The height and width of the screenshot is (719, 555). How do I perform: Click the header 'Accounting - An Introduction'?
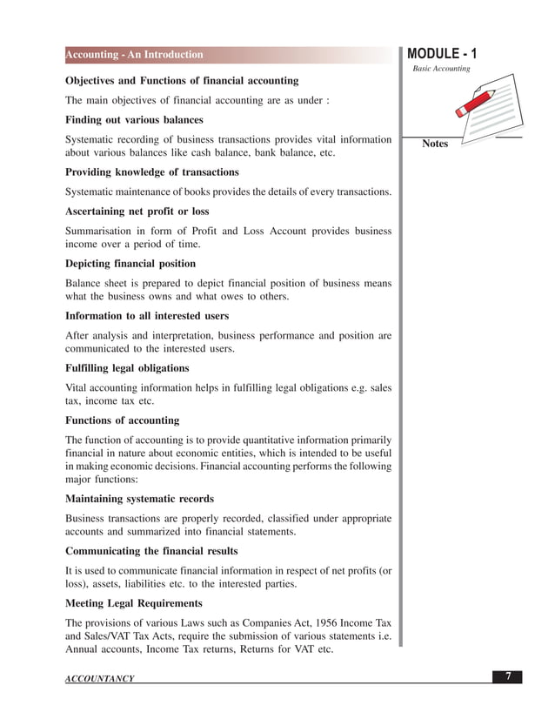(135, 55)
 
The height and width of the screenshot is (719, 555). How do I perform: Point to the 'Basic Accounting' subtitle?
(441, 69)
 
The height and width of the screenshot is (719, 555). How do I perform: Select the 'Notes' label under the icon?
(435, 144)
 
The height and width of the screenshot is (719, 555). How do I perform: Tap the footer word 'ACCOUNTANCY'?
(100, 679)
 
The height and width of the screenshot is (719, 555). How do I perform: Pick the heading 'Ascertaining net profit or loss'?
(137, 212)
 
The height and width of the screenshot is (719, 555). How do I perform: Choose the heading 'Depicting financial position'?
(130, 264)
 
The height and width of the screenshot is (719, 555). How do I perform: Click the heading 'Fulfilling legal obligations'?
(127, 368)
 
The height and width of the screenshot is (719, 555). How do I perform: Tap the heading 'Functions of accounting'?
(123, 420)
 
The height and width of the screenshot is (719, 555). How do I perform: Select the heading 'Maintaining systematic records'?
(139, 499)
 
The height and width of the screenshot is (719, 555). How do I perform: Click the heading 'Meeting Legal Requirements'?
(134, 603)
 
